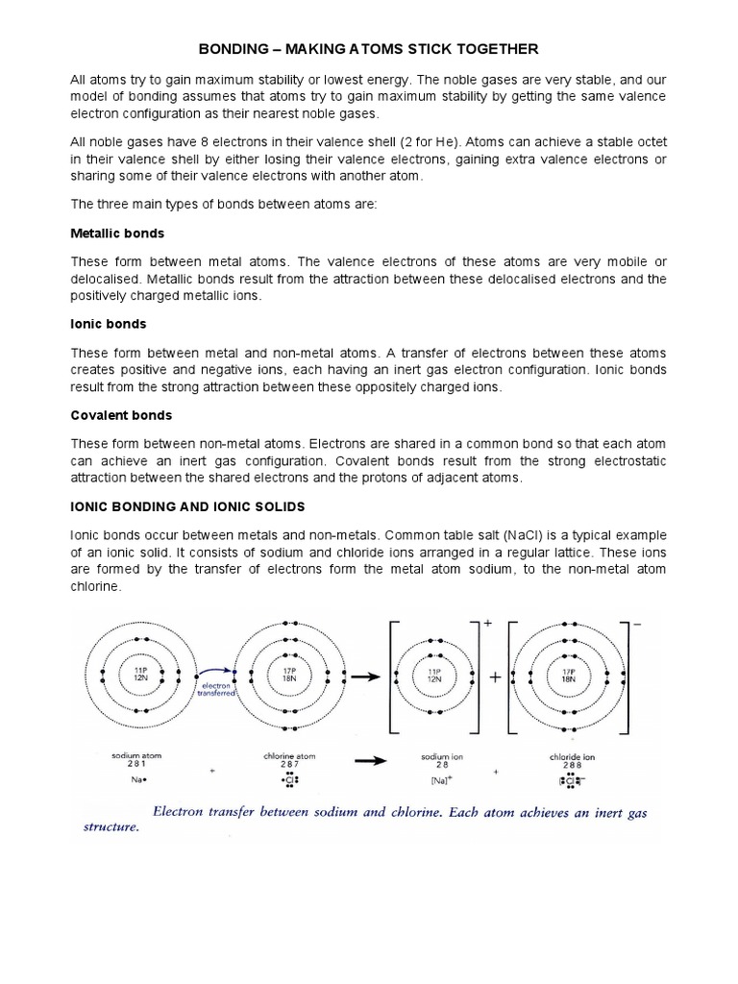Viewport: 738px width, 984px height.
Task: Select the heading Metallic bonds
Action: point(117,234)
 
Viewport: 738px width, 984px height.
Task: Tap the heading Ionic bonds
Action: point(109,324)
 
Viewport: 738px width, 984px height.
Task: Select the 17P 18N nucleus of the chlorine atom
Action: point(289,674)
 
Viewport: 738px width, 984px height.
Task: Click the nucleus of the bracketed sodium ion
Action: point(434,675)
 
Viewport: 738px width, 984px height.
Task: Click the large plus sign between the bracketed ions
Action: point(496,676)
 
